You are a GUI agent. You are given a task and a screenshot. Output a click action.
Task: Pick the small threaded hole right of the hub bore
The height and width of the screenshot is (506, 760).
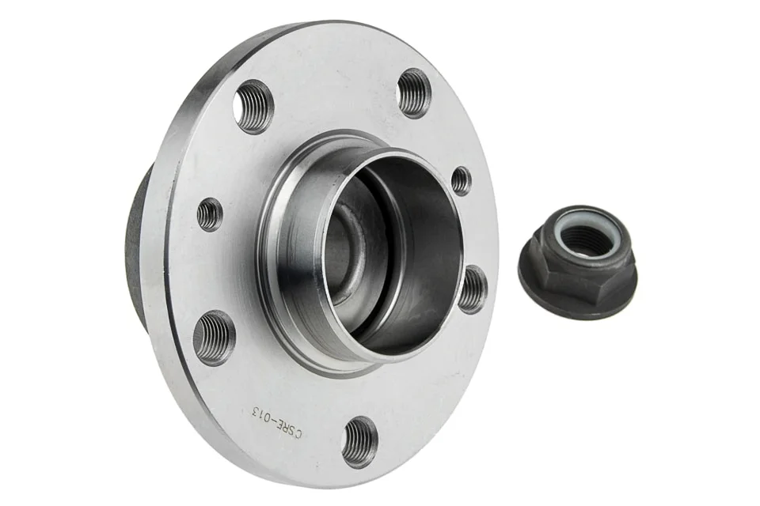(x=461, y=180)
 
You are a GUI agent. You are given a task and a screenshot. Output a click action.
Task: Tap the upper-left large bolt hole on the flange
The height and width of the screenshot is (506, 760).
(x=253, y=107)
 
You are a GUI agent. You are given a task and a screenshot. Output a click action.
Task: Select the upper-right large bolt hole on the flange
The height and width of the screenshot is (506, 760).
(x=414, y=93)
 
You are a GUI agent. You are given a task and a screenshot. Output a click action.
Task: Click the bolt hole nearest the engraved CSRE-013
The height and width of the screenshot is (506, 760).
(x=359, y=442)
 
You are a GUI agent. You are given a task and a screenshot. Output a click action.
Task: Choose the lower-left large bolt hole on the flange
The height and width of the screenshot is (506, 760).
(x=214, y=338)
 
